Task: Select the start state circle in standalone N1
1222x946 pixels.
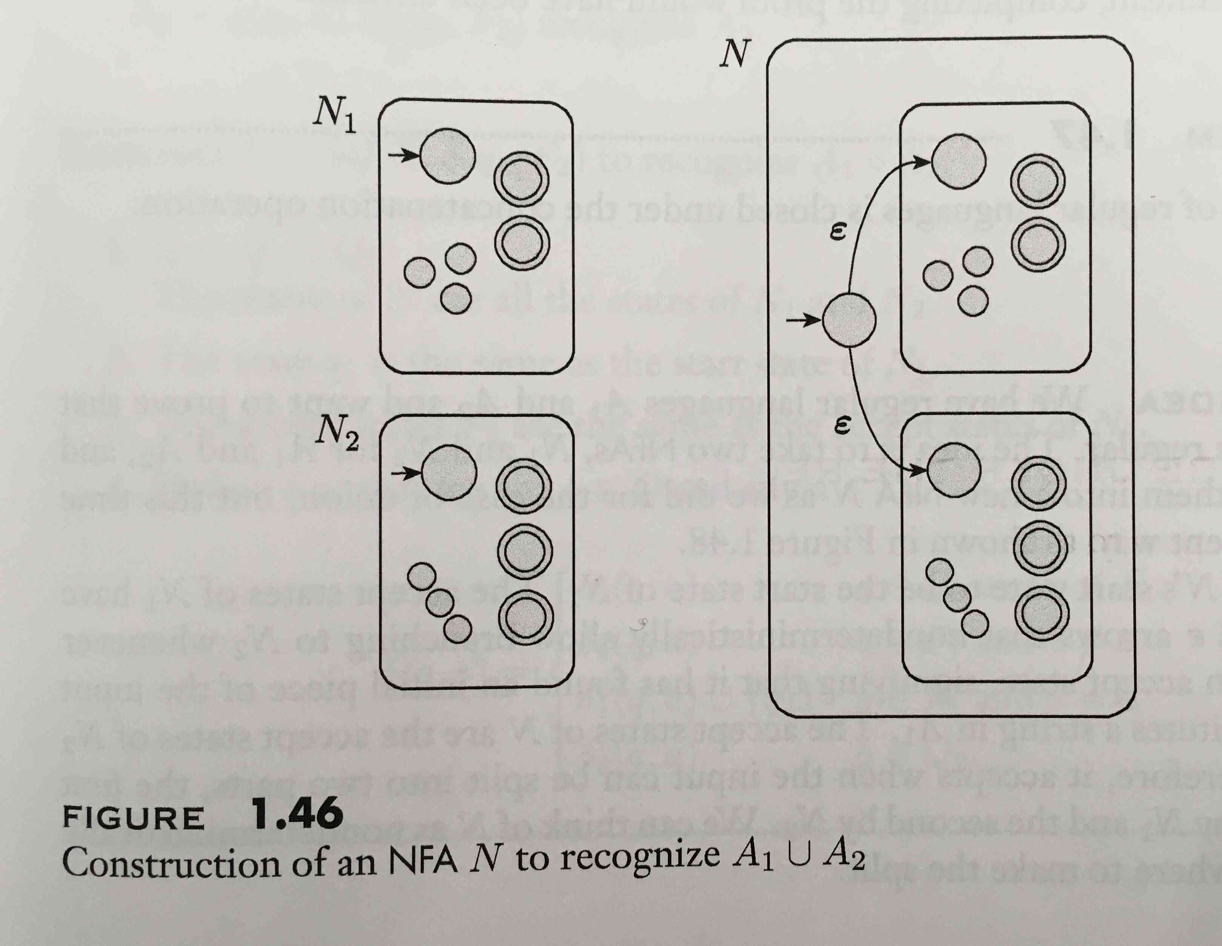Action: pyautogui.click(x=447, y=155)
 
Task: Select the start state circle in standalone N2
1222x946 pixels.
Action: pyautogui.click(x=449, y=474)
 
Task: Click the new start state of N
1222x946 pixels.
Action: pyautogui.click(x=849, y=320)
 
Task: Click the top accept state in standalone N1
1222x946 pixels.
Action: pyautogui.click(x=521, y=180)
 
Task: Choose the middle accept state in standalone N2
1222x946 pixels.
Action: pyautogui.click(x=525, y=550)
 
